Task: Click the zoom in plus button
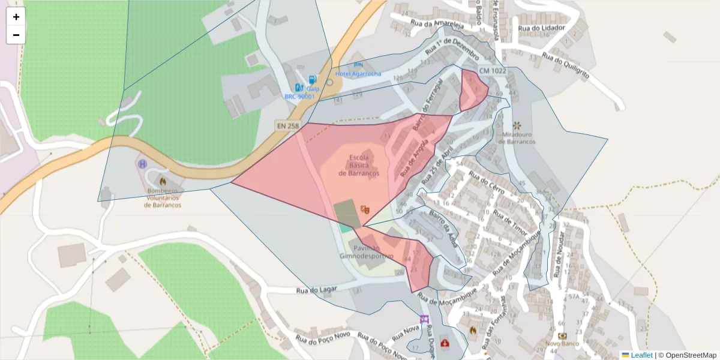[16, 17]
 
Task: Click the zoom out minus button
[16, 35]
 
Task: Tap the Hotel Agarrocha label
[358, 73]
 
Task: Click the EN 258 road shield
[287, 126]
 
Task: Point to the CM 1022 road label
[493, 71]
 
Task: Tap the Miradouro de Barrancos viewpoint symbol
[516, 124]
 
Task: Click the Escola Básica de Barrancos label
[359, 166]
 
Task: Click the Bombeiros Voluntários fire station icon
[163, 180]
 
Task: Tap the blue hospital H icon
[143, 163]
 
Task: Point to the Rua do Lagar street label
[316, 290]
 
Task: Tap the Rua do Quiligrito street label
[566, 67]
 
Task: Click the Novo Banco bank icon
[562, 336]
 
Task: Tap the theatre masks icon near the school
[364, 209]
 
